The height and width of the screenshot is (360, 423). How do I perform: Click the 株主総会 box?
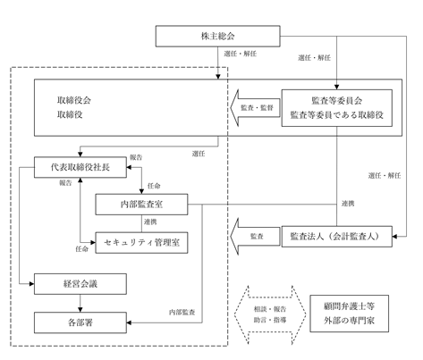pos(217,36)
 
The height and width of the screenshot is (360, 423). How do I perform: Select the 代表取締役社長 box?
pos(80,167)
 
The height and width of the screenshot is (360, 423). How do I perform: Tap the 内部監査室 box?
pos(141,205)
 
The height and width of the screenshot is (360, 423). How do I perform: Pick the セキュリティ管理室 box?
pos(141,243)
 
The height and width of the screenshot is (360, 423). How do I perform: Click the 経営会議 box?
pos(80,284)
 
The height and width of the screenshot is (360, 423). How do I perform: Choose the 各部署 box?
pos(80,322)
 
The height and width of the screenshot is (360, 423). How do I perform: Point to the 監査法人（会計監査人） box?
pos(337,237)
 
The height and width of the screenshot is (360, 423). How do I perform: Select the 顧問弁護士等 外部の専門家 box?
pos(350,314)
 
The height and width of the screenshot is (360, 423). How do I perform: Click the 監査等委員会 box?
pos(337,108)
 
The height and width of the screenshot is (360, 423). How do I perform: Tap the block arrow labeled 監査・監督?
pos(255,108)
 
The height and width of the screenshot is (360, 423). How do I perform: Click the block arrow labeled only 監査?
pos(255,237)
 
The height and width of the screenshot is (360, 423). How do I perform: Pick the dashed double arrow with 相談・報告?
pos(270,314)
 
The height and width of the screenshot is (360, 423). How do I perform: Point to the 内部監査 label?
pos(182,312)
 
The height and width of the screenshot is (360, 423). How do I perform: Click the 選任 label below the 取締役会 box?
pos(199,154)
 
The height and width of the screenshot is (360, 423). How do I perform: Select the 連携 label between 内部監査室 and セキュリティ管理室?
pos(150,222)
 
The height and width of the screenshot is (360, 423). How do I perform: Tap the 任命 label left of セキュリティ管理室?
pos(82,249)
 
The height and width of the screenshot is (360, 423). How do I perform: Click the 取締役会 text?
pos(74,100)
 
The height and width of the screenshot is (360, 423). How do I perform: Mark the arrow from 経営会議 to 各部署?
pos(80,303)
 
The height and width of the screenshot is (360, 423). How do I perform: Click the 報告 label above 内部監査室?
pos(136,157)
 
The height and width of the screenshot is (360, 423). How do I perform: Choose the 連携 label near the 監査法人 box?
pos(348,204)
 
